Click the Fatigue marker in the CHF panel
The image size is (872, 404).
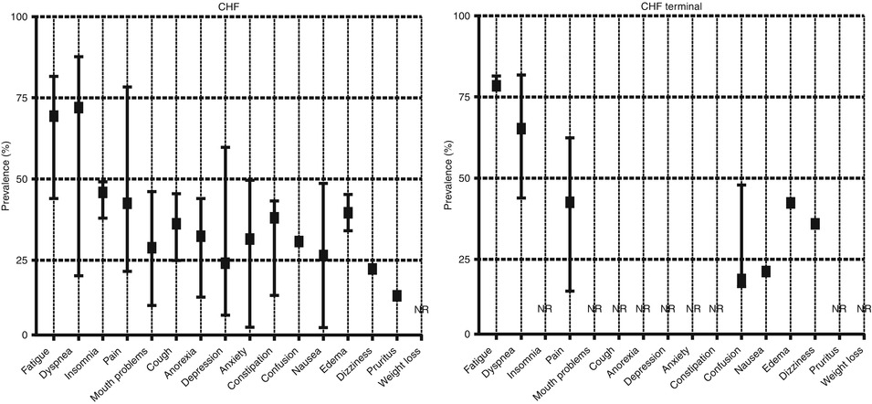(54, 116)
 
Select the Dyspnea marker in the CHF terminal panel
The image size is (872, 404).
(521, 129)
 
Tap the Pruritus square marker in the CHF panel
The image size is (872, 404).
(397, 295)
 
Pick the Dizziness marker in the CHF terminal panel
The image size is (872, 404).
(815, 224)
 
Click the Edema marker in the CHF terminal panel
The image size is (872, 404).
(791, 203)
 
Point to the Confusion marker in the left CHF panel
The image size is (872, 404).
(299, 241)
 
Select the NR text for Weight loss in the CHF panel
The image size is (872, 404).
(421, 310)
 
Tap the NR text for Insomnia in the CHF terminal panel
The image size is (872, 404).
(545, 309)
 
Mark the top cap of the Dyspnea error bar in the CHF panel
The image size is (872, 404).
(79, 57)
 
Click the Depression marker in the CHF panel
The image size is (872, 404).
(226, 263)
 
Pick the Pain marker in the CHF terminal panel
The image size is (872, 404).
(570, 202)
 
